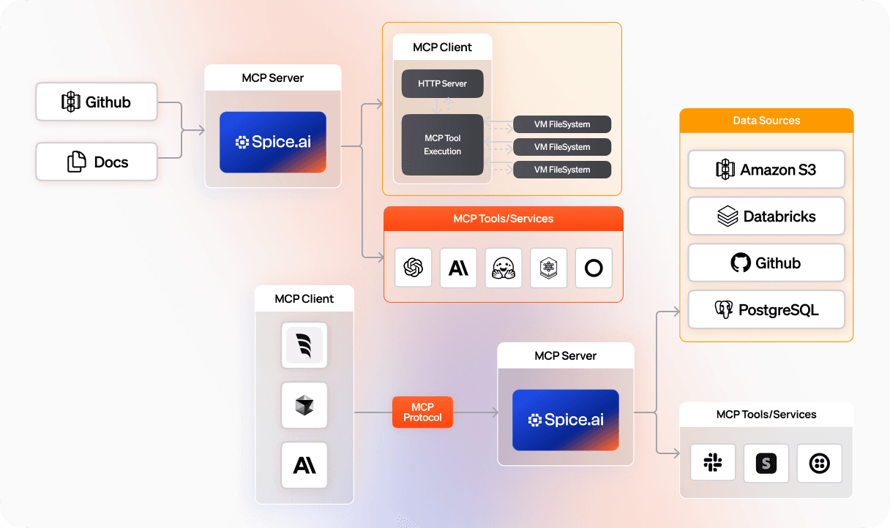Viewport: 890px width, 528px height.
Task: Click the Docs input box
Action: (x=97, y=162)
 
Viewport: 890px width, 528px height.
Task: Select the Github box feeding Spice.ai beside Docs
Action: (x=97, y=102)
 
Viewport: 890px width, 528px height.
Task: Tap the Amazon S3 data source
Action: (x=766, y=170)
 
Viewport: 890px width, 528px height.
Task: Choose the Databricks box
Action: (x=766, y=216)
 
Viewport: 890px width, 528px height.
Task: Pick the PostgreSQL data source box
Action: (x=766, y=310)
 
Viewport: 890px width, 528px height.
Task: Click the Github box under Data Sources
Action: (x=766, y=263)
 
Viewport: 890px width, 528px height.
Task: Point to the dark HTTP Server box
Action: (x=442, y=83)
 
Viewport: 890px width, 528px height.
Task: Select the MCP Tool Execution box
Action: (x=442, y=145)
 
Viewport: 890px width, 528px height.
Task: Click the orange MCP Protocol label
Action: (x=422, y=412)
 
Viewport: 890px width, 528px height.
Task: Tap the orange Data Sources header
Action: (x=766, y=121)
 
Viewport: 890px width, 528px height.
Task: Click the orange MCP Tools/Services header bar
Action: (x=504, y=219)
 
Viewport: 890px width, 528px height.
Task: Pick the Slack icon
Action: (x=713, y=463)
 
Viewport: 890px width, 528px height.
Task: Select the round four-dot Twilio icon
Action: (x=819, y=463)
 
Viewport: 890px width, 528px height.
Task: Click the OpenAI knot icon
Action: (x=413, y=268)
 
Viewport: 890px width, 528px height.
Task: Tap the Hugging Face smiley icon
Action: (x=504, y=268)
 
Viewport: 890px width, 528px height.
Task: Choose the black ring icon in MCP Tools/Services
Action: (x=594, y=268)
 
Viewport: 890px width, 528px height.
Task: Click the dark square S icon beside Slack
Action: (x=766, y=463)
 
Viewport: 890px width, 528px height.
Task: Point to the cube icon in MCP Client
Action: (x=304, y=405)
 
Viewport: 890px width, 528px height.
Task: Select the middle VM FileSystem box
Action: (x=562, y=147)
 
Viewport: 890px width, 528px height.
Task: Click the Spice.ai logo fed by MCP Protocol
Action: (x=566, y=420)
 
